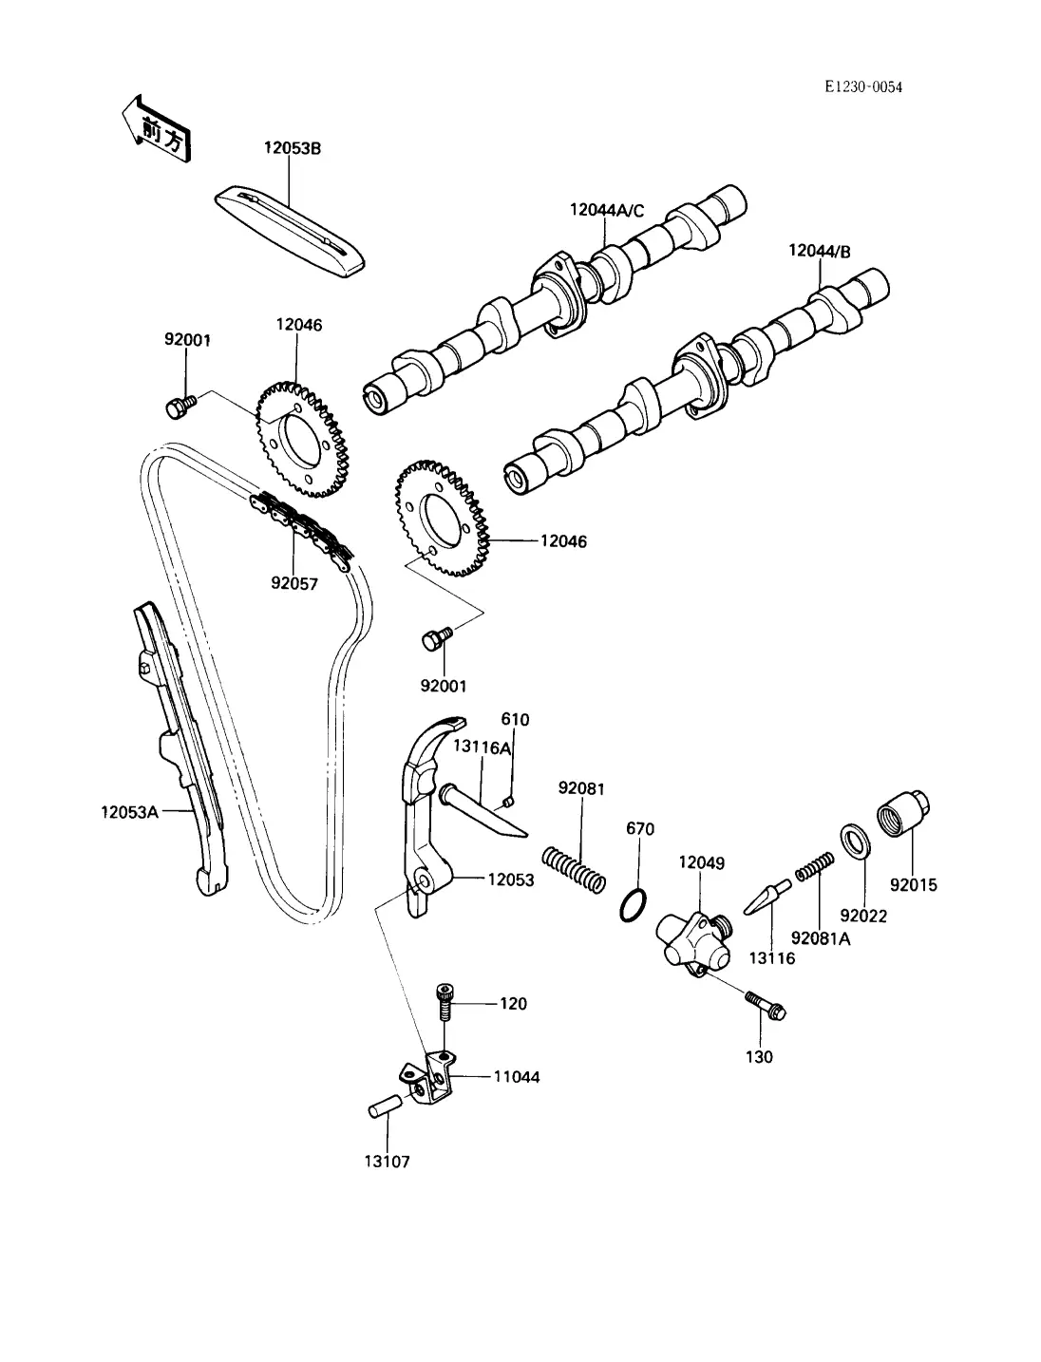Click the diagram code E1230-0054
click(x=863, y=87)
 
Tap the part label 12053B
click(x=293, y=148)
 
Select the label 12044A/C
click(x=607, y=210)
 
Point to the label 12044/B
click(x=820, y=252)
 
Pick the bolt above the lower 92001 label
click(x=437, y=638)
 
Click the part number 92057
click(x=294, y=583)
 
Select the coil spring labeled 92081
click(x=574, y=870)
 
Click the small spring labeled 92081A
click(x=815, y=866)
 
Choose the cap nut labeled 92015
click(x=902, y=813)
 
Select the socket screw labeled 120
click(x=445, y=1001)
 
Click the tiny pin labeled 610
click(x=508, y=803)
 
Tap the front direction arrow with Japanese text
click(x=157, y=129)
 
